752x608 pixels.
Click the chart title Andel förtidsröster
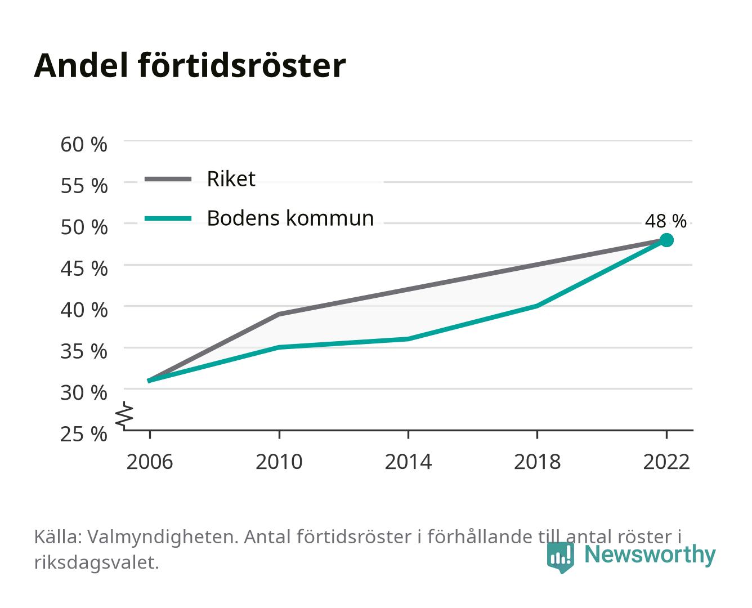(190, 65)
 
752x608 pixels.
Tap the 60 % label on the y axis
(84, 145)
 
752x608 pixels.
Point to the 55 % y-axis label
(84, 186)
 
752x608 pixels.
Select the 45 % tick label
(84, 269)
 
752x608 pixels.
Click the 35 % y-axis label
(84, 351)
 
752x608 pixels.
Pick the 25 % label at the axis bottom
(84, 434)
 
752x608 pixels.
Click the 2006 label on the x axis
(150, 462)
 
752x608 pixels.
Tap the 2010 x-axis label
(279, 462)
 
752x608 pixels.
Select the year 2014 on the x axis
(408, 462)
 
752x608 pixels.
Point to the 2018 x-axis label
(537, 462)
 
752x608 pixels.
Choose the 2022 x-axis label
(666, 462)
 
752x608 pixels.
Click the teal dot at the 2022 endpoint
(666, 240)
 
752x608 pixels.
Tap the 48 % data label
(665, 221)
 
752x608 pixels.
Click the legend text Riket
(231, 178)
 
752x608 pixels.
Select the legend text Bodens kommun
(290, 218)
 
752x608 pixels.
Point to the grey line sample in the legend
(168, 180)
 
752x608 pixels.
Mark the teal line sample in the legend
(168, 218)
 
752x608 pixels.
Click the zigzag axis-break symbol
(124, 415)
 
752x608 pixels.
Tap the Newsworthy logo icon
(560, 557)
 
